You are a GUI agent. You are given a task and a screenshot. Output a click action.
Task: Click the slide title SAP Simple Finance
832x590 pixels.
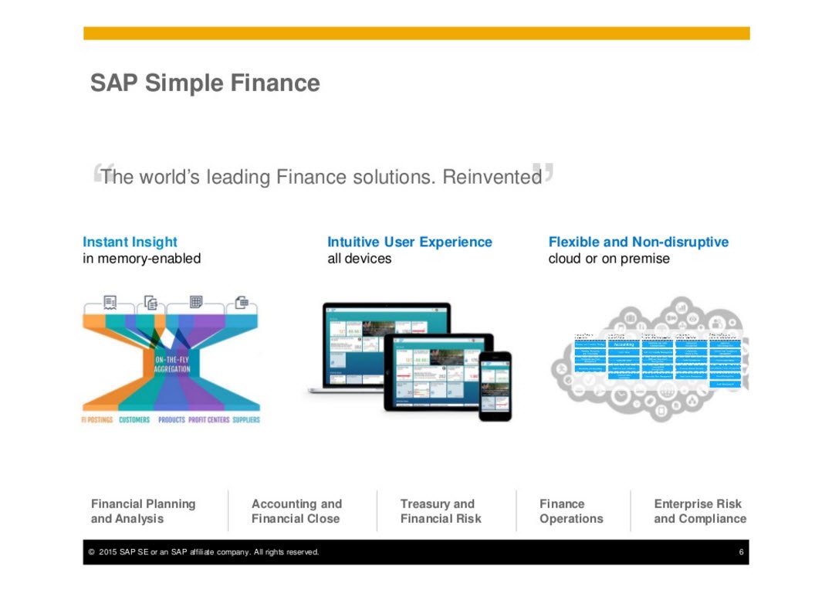(205, 83)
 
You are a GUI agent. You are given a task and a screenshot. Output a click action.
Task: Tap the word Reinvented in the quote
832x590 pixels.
(492, 178)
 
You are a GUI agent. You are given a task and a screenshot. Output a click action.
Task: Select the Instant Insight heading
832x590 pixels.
(130, 242)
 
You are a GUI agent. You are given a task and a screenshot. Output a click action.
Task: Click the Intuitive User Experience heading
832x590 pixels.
(409, 242)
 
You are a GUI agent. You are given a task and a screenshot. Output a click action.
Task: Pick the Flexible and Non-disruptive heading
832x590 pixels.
(638, 242)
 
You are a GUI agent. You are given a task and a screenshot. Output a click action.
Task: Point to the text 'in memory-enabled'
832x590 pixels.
(141, 259)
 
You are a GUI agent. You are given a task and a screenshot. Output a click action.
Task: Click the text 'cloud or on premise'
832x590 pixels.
(608, 259)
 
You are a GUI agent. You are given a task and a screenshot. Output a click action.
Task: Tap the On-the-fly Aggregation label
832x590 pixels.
(172, 365)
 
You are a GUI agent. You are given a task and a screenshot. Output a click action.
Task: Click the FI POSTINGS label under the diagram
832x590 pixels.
(97, 420)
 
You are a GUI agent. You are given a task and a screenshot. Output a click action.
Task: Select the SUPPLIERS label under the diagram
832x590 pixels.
(246, 420)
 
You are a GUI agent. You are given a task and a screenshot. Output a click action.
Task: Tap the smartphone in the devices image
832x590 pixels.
(495, 385)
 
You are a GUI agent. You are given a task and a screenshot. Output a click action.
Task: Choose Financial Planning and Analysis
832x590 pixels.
(143, 511)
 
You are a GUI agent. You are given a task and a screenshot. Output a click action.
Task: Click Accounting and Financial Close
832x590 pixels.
(296, 511)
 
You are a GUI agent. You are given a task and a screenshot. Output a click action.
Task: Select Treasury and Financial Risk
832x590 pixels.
(440, 511)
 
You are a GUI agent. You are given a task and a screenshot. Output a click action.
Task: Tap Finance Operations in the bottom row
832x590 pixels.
(571, 511)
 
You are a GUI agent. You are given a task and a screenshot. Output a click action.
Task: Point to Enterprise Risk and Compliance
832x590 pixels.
(699, 511)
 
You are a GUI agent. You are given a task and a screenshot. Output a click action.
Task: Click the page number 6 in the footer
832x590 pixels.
(741, 552)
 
